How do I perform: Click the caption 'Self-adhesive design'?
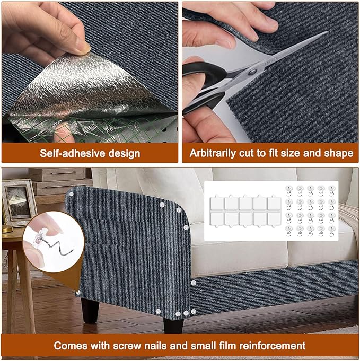coord(90,154)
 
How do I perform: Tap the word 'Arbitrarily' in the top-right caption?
coord(214,154)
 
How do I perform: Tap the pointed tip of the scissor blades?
coord(326,33)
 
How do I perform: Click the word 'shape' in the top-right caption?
coord(339,154)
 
